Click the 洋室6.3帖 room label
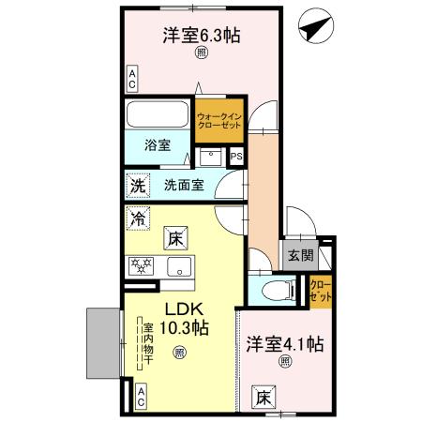[202, 37]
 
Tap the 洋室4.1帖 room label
[284, 343]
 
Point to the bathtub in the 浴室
[158, 117]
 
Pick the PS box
[235, 157]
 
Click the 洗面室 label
[184, 185]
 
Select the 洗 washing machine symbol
[137, 185]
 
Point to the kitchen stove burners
[143, 265]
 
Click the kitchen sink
[178, 266]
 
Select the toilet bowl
[275, 291]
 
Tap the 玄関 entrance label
[300, 254]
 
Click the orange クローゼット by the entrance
[320, 290]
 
